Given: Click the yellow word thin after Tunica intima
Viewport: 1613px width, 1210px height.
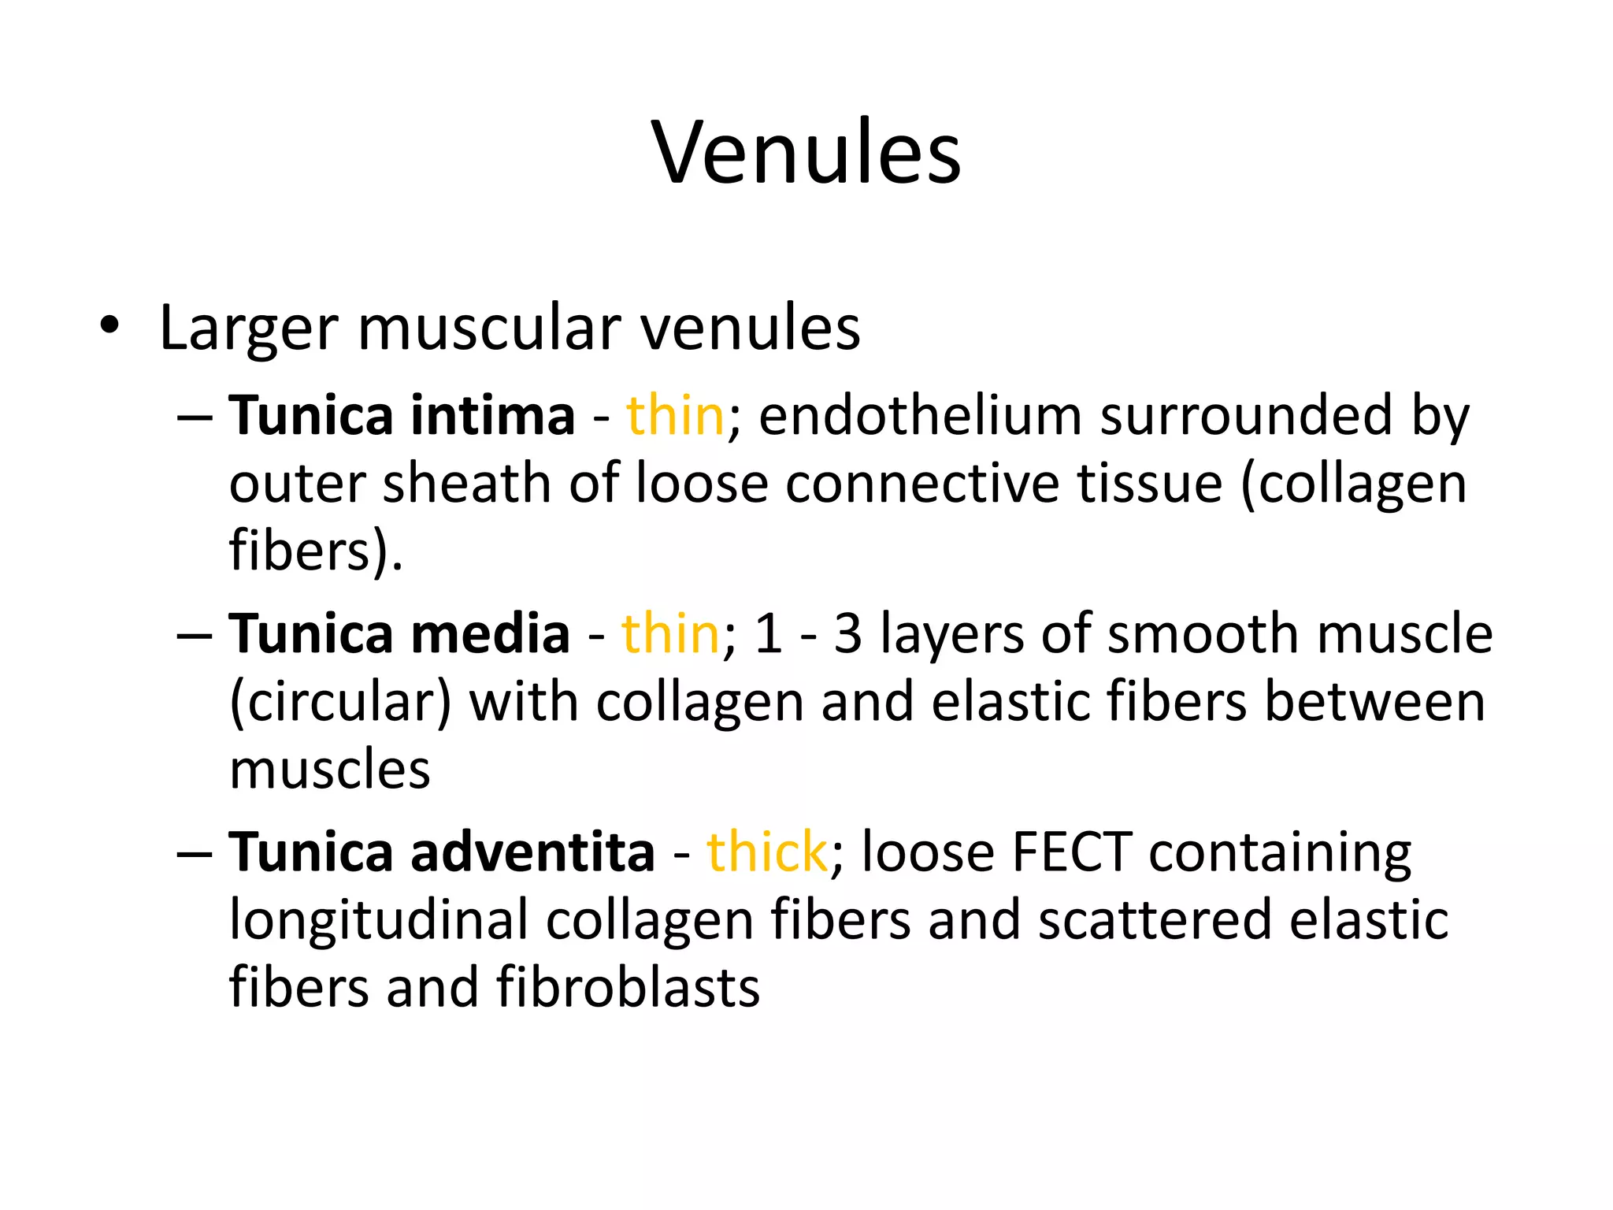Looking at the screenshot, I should point(675,415).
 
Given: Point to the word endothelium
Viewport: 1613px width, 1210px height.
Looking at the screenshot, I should point(920,415).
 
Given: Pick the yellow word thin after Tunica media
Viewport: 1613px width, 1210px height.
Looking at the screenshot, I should point(670,633).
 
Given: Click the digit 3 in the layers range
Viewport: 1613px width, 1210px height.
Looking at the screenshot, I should point(847,635).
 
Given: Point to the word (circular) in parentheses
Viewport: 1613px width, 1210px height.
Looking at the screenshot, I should point(340,703).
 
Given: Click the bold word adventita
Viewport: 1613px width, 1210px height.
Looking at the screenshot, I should point(532,852).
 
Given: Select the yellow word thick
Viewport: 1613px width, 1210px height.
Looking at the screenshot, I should point(766,852).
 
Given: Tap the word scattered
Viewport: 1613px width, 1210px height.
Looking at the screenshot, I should point(1154,920).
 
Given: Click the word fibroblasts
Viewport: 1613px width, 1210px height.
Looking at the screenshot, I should point(628,988).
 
